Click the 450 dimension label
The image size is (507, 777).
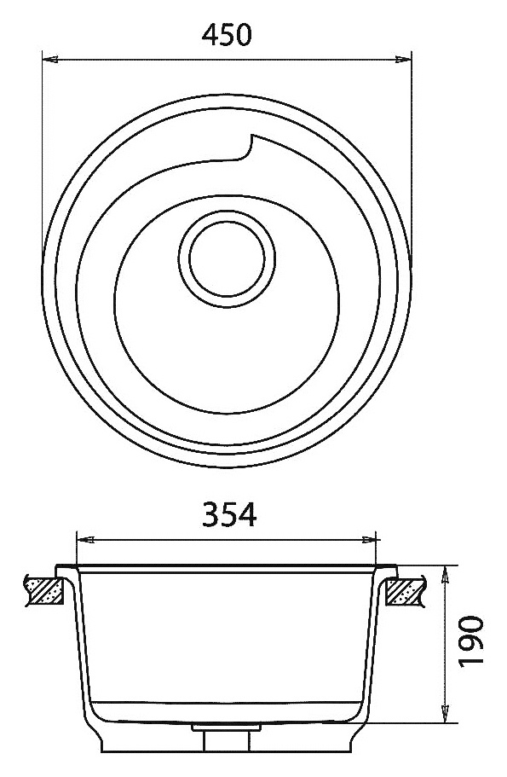(227, 35)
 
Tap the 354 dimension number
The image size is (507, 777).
(229, 514)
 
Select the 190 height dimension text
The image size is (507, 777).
(470, 641)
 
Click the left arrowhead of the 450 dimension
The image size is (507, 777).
(50, 60)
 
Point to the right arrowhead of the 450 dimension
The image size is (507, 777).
(403, 60)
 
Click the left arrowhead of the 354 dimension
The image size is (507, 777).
(85, 539)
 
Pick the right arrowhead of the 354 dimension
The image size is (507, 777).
(369, 539)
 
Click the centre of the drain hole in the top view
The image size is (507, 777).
(227, 258)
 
